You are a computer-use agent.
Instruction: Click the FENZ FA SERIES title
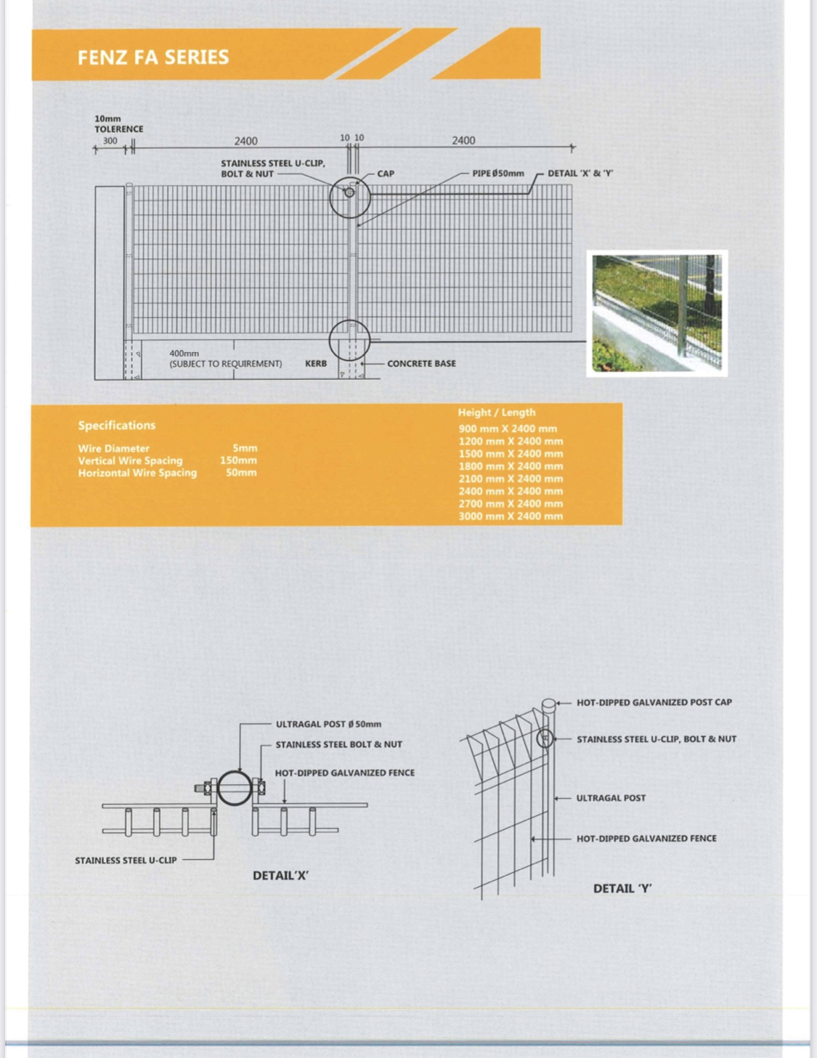(153, 57)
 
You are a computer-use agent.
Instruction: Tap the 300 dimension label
(110, 141)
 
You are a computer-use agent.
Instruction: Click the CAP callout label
(386, 174)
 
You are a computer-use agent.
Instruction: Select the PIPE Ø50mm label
(498, 174)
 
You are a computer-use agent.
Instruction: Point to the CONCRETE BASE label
(421, 363)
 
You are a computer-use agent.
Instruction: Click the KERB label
(316, 363)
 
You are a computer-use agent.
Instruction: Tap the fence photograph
(657, 313)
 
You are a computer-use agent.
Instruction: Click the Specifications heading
(117, 426)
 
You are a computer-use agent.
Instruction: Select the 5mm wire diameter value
(245, 448)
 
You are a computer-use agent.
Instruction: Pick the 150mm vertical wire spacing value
(238, 460)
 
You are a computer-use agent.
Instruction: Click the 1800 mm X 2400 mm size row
(511, 466)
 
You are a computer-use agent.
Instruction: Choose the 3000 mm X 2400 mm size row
(511, 516)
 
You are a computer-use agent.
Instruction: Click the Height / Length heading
(497, 412)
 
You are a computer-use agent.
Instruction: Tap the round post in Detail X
(235, 788)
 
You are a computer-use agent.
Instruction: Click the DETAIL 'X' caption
(280, 876)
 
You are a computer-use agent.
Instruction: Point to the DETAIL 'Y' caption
(622, 888)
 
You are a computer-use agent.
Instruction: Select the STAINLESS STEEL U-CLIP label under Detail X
(126, 860)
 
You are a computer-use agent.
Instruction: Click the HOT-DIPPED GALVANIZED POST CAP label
(654, 702)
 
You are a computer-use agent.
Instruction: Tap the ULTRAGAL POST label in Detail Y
(611, 798)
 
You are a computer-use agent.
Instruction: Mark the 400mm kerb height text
(184, 354)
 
